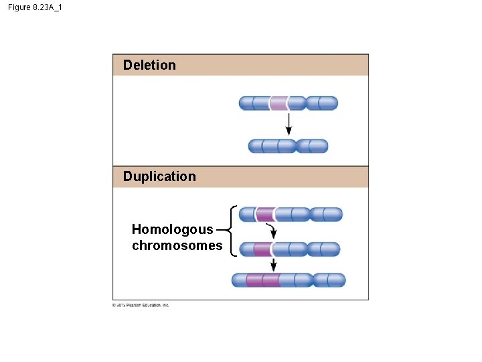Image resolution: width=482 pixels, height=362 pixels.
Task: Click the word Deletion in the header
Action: [149, 65]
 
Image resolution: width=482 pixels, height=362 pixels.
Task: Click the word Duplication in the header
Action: [159, 176]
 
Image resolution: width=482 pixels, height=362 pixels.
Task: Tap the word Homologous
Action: [172, 229]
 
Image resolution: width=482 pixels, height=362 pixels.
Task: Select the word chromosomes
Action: [177, 245]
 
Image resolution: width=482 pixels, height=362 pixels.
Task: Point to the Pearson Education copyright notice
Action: [141, 305]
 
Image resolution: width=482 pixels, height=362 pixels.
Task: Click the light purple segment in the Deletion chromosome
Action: [278, 103]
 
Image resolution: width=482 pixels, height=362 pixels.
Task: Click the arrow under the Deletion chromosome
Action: [289, 123]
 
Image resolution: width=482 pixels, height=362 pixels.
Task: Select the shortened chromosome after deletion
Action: [288, 145]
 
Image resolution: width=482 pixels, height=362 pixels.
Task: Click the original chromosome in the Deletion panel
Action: [289, 103]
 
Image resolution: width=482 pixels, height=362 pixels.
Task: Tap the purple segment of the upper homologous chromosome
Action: [264, 215]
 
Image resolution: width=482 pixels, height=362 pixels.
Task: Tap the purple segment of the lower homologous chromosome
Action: [262, 249]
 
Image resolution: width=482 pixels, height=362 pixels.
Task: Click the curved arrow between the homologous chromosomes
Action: [272, 231]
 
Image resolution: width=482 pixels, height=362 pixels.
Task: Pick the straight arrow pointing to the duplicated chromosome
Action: [273, 264]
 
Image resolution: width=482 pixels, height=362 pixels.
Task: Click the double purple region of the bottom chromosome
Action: [263, 280]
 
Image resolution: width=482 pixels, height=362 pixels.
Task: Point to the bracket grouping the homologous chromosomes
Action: [230, 230]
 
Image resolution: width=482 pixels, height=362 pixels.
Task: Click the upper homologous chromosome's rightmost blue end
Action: [333, 215]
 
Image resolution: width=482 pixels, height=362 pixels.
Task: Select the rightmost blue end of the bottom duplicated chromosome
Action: [336, 280]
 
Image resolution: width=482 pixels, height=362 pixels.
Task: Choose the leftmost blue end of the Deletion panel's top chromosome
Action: [246, 103]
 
